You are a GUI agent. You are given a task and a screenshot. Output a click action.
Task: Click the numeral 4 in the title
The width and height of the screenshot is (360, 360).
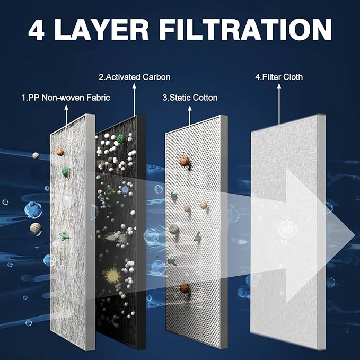pyautogui.click(x=36, y=30)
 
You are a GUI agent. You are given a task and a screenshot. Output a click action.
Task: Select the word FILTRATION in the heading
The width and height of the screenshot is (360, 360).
pyautogui.click(x=245, y=30)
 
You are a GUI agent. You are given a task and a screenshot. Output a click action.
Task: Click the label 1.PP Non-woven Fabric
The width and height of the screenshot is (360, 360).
pyautogui.click(x=66, y=98)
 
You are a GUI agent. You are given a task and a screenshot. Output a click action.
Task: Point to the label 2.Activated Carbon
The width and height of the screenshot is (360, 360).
pyautogui.click(x=135, y=77)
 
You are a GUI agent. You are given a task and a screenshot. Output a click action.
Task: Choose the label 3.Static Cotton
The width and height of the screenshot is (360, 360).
pyautogui.click(x=190, y=98)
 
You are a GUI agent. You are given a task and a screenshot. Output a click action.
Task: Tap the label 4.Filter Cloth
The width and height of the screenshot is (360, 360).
pyautogui.click(x=279, y=77)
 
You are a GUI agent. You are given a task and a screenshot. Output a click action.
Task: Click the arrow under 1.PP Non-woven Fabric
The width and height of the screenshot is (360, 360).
pyautogui.click(x=66, y=116)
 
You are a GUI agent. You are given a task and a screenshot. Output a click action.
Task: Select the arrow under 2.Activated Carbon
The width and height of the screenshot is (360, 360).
pyautogui.click(x=134, y=100)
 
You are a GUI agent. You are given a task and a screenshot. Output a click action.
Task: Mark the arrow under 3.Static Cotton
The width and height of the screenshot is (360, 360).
pyautogui.click(x=190, y=116)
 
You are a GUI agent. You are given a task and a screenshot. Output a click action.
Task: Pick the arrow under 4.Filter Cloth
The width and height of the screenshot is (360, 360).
pyautogui.click(x=279, y=104)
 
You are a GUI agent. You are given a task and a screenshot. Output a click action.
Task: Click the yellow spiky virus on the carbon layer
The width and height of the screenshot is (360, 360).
pyautogui.click(x=112, y=275)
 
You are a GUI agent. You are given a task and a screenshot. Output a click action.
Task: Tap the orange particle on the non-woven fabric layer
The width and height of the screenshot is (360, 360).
pyautogui.click(x=60, y=152)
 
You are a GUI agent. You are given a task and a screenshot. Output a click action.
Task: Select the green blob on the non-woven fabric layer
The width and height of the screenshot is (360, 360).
pyautogui.click(x=65, y=172)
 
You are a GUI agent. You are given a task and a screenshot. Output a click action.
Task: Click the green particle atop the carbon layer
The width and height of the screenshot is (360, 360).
pyautogui.click(x=120, y=138)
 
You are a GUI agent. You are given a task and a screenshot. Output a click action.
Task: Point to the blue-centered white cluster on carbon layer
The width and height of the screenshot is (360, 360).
pyautogui.click(x=125, y=189)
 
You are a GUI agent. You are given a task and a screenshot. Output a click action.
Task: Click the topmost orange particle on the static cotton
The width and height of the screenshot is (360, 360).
pyautogui.click(x=185, y=161)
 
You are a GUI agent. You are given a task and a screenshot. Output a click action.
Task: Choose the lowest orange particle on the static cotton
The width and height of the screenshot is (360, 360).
pyautogui.click(x=185, y=288)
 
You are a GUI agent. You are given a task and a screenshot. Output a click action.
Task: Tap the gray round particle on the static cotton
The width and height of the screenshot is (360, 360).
pyautogui.click(x=174, y=229)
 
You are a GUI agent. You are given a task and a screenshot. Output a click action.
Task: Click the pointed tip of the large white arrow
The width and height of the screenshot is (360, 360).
pyautogui.click(x=355, y=235)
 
